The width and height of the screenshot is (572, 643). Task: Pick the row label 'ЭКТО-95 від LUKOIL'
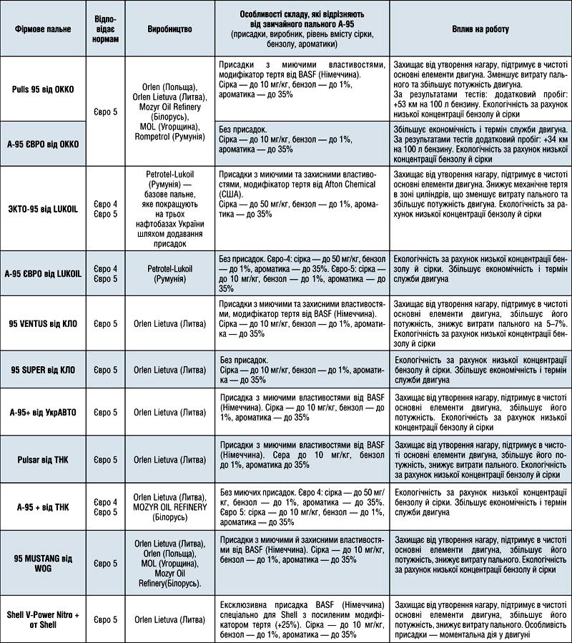pos(42,208)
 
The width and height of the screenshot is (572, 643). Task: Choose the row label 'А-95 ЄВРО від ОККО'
pos(42,143)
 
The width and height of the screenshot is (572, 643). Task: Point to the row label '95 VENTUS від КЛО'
pos(42,322)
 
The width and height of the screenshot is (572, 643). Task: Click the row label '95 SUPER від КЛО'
pos(42,369)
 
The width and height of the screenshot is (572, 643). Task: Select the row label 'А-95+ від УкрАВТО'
pos(42,412)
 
